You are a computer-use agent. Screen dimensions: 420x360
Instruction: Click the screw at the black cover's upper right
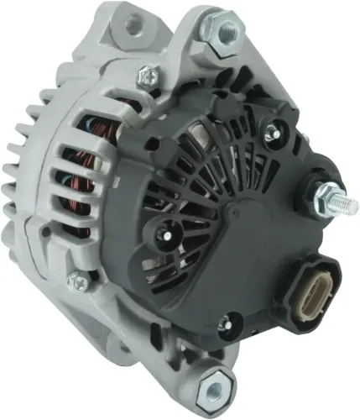tap(270, 131)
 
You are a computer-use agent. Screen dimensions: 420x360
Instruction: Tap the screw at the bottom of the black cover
tap(224, 323)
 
